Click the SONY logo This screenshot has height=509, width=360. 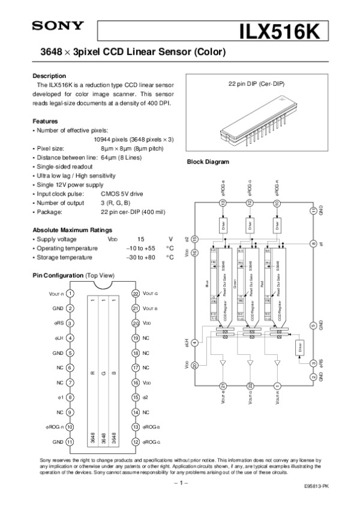point(58,26)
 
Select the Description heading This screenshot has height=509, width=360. point(49,76)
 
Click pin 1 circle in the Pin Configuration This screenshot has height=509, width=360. point(70,293)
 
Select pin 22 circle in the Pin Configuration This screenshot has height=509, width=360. point(135,293)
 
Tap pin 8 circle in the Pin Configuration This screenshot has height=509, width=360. point(70,397)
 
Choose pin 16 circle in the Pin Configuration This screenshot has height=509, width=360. point(135,382)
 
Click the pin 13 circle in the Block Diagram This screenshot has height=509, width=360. point(223,203)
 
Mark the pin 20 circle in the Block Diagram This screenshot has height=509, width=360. point(194,365)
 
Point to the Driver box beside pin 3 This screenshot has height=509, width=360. point(299,347)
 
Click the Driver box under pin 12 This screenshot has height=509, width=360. point(250,226)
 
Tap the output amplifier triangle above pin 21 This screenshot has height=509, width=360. point(223,364)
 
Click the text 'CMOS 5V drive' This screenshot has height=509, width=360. point(122,194)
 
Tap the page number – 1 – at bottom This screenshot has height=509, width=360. point(180,481)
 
